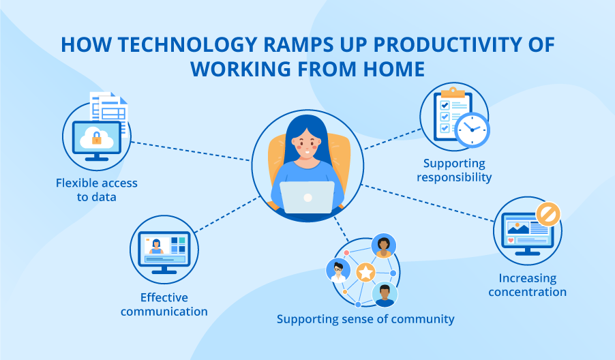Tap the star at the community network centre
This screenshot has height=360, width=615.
[365, 273]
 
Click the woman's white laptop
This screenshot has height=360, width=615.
[307, 197]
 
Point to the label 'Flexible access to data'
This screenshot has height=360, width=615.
[96, 190]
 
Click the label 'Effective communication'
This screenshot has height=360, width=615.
[164, 304]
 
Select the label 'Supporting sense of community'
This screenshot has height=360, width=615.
[365, 319]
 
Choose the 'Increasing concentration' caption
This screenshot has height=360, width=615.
[532, 285]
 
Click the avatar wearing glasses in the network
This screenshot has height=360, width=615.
[337, 270]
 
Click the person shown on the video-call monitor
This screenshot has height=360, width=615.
[156, 244]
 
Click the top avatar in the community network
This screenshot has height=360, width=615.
[384, 246]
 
